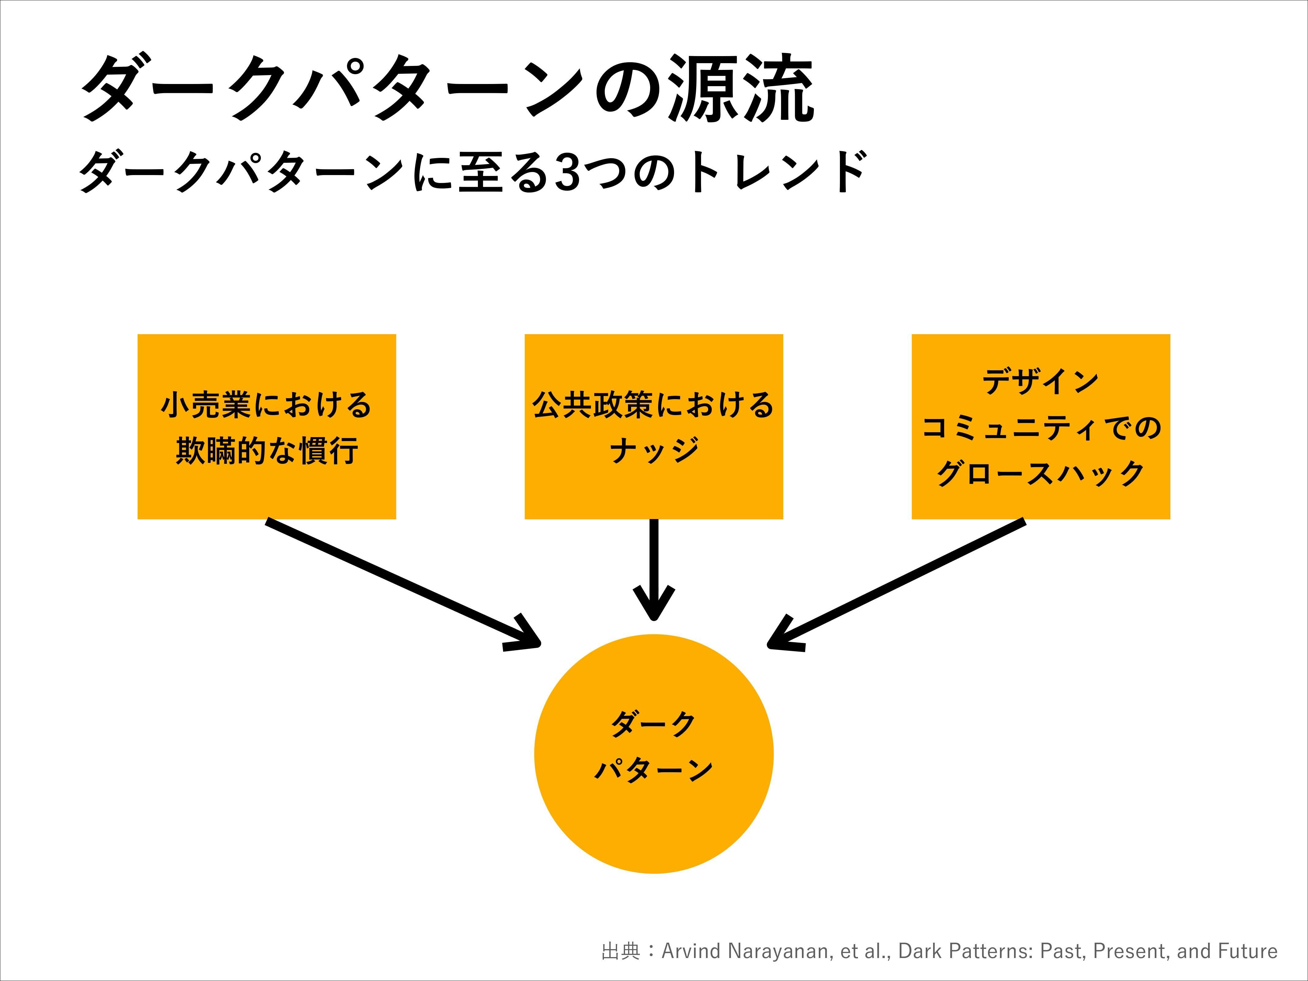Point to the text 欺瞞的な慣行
(x=267, y=451)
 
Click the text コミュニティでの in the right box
(x=1041, y=428)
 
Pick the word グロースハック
(x=1041, y=474)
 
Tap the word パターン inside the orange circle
(x=654, y=770)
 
